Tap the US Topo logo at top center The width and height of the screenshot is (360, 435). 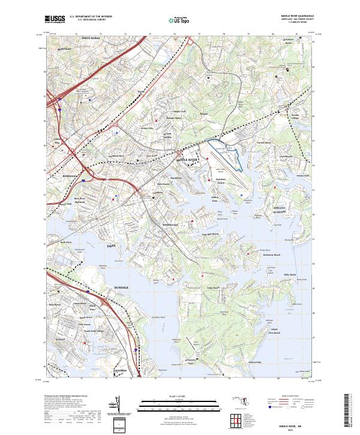[180, 20]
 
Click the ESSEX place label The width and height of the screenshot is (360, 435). [110, 245]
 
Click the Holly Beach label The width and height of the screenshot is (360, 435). [290, 274]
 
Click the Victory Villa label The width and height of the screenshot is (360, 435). [147, 128]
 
